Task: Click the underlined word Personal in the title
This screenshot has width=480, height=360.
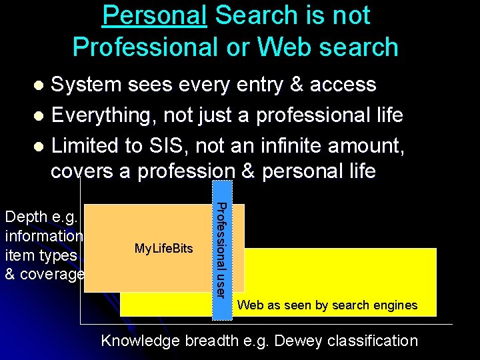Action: pos(154,15)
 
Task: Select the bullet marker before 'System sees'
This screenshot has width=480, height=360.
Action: pos(40,85)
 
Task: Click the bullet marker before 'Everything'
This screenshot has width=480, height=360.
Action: pos(40,116)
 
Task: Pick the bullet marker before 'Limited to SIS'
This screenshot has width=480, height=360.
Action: pos(40,145)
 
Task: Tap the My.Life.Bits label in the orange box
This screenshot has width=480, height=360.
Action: pos(163,249)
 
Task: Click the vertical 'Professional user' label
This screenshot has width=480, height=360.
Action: pos(223,250)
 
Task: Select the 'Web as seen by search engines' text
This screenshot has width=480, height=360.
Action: pos(327,305)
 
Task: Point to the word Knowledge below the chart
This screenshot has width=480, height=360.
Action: pos(140,341)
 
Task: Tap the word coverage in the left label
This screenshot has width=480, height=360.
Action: pos(56,274)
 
